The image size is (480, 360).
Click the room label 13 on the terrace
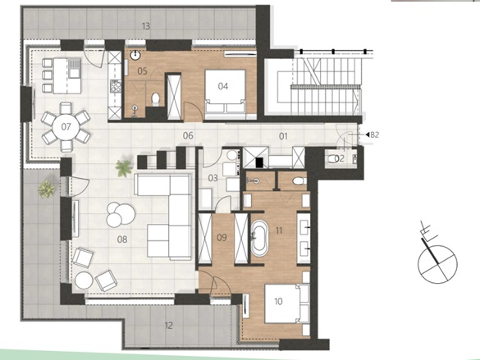coord(146,26)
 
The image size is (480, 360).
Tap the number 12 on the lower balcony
coord(169,326)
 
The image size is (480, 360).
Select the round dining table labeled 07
coord(66,126)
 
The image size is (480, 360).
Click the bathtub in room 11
coord(259,239)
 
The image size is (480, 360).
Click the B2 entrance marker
coord(373,134)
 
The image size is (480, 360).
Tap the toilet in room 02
coord(331,158)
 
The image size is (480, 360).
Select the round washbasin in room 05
coord(135,56)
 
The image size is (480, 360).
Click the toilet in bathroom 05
coord(156,99)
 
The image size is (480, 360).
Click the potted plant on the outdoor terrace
coord(47,189)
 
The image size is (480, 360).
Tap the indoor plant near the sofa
coord(124,168)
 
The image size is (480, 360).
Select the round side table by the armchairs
coord(84,280)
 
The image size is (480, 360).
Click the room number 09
coord(222,237)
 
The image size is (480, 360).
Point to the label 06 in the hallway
coord(188,135)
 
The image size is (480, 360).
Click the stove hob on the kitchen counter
coord(116,86)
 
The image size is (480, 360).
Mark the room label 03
coord(213,178)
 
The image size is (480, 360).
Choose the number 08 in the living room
coord(122,239)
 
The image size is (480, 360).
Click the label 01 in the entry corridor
coord(283,136)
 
